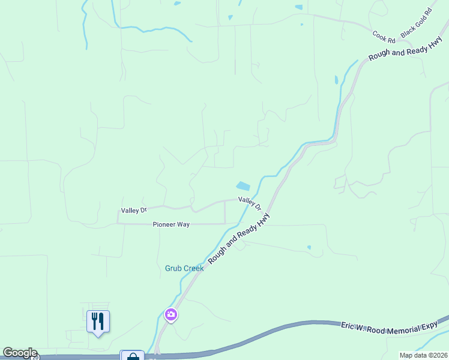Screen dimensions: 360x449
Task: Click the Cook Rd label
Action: (x=384, y=37)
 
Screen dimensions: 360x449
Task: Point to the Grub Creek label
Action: (x=184, y=268)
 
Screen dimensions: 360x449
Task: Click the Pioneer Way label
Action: (x=171, y=224)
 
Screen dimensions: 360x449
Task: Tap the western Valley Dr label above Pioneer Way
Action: (x=134, y=211)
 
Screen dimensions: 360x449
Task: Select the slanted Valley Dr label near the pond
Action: (x=250, y=203)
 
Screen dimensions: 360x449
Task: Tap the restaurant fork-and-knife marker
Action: (x=98, y=321)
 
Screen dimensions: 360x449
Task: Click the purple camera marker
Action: (x=171, y=314)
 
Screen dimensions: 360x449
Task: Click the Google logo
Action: (x=20, y=353)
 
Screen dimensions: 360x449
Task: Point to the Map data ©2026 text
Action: (x=423, y=355)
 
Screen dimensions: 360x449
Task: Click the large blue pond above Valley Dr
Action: (x=243, y=186)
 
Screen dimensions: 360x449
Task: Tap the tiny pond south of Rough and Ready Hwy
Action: (x=309, y=247)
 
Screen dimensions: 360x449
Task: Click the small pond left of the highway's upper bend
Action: (x=336, y=79)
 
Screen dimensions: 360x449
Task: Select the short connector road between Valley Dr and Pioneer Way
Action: (x=224, y=212)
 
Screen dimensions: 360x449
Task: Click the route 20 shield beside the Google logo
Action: (x=35, y=357)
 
